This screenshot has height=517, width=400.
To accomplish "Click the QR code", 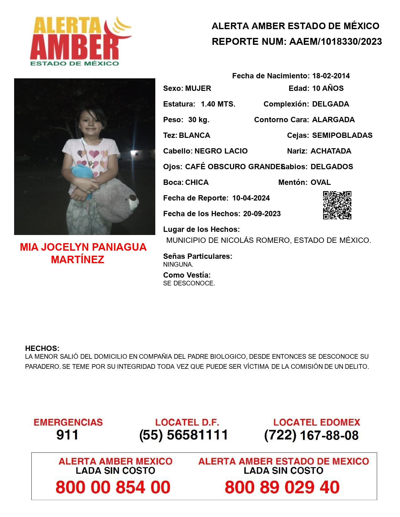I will tap(337, 205).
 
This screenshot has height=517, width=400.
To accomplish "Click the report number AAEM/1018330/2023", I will tap(335, 42).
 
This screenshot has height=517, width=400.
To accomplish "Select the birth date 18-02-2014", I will tap(331, 76).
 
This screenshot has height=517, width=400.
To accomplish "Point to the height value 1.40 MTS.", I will tap(218, 104).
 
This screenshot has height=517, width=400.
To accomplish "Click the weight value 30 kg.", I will tap(199, 120).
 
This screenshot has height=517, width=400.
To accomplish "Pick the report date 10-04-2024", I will tap(251, 198).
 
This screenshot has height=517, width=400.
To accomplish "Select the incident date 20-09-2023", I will tap(262, 214).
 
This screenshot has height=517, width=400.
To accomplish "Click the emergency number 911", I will tap(67, 435).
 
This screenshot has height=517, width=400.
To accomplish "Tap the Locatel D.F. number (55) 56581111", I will tap(184, 435).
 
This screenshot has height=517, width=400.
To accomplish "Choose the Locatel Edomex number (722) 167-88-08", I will tap(311, 435).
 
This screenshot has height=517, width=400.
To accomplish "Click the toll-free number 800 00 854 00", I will tap(113, 487).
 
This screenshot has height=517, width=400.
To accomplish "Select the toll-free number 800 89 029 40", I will tap(282, 487).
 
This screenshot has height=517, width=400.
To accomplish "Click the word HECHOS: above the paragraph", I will tap(42, 348).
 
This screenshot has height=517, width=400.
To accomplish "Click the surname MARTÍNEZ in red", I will tap(77, 259).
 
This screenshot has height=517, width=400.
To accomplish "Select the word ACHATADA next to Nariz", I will tap(331, 151).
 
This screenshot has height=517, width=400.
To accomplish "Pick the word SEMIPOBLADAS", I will tap(342, 135).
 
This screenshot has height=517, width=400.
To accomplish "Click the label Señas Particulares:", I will tap(198, 256).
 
